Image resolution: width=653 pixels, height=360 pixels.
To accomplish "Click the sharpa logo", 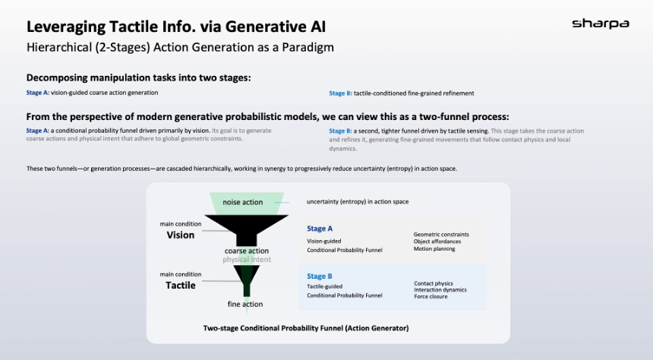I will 600,24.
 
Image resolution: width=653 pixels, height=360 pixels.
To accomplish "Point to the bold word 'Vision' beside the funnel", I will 181,235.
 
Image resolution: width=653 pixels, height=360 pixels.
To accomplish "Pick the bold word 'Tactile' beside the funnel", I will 181,286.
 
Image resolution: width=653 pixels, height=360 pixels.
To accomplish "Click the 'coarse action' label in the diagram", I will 247,251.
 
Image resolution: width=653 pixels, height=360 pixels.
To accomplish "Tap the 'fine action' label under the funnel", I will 245,305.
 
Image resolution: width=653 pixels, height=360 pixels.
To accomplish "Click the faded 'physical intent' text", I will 246,260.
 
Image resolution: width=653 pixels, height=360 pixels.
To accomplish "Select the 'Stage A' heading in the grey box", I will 320,229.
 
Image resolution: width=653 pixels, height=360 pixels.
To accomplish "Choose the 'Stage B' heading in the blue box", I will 320,276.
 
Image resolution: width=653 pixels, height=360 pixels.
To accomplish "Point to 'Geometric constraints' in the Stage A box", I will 441,235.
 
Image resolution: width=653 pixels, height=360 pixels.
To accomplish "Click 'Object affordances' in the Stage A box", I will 438,242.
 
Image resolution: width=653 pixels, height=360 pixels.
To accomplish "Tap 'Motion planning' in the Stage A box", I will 434,249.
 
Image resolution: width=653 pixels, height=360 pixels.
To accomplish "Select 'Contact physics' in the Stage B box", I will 434,283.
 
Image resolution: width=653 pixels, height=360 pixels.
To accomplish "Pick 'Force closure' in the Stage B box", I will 431,296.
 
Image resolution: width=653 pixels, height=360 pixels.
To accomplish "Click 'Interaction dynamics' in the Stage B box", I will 440,290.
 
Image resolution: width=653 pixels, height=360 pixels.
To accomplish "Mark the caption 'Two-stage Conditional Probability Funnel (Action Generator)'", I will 306,328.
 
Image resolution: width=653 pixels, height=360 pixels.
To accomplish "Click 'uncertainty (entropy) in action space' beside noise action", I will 358,202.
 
